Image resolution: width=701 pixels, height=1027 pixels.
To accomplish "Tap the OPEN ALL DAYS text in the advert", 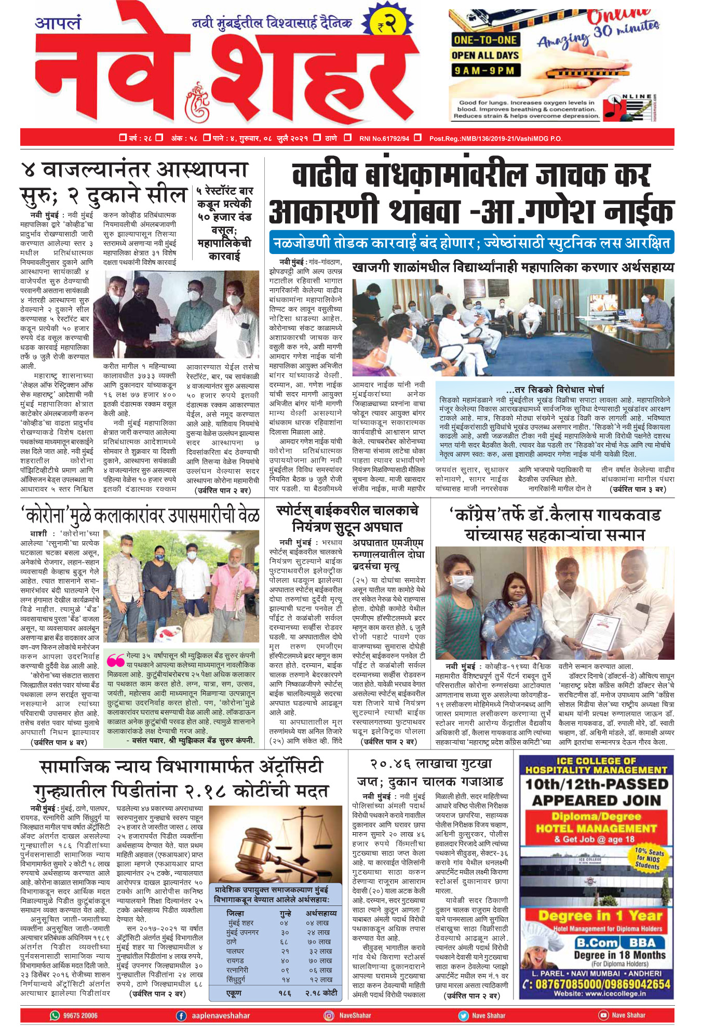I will coord(485,55).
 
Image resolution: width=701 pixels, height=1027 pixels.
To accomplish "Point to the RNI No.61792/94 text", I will coord(384,138).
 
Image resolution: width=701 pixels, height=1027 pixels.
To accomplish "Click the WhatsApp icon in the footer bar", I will coord(55,1015).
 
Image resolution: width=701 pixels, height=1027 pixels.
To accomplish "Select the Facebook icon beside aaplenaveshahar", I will coord(181,1015).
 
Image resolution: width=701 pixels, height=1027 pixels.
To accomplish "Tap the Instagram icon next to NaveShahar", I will coord(329,1015).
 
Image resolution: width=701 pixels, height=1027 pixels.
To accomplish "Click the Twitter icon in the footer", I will coord(463,1015).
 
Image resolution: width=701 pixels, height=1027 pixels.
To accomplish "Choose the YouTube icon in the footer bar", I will coord(603,1015).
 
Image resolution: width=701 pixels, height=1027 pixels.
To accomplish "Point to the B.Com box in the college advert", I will coord(597,943).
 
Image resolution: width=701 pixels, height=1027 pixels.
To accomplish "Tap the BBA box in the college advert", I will coord(642,943).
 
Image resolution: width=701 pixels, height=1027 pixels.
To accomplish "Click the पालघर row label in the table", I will coord(235,951).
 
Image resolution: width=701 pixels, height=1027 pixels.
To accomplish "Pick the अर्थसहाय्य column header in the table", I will coord(321,913).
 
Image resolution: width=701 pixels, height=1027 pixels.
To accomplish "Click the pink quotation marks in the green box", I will coord(115,659).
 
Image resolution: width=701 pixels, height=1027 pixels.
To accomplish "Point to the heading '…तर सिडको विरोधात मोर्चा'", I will coord(555,389).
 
